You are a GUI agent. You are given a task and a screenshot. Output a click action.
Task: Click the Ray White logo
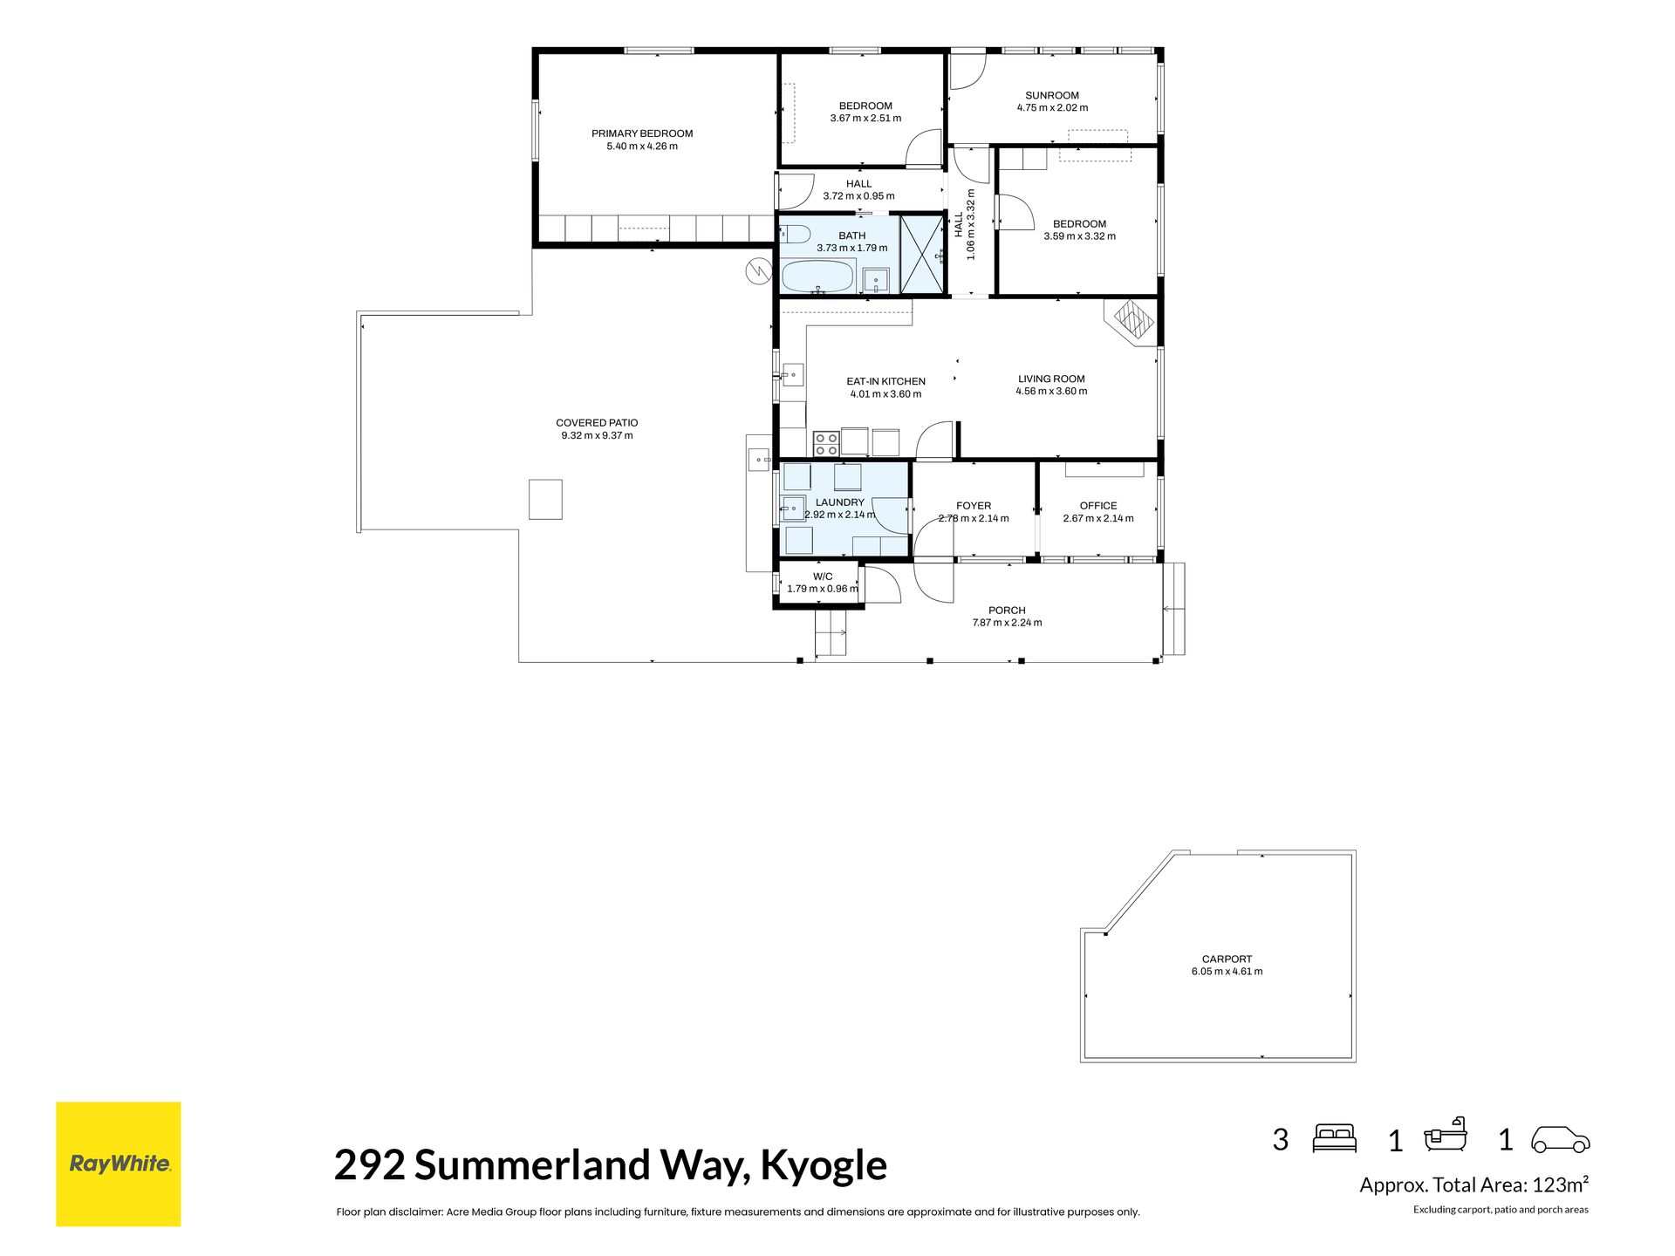119,1164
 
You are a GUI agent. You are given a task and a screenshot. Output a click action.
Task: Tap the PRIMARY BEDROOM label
642,133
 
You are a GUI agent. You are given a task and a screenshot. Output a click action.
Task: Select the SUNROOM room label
1052,95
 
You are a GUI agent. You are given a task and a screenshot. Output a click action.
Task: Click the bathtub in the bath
817,276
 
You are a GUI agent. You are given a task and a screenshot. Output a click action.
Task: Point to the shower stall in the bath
921,254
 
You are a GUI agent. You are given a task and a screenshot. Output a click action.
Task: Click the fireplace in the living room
1131,321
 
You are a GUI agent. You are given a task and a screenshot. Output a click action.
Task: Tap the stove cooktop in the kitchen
826,444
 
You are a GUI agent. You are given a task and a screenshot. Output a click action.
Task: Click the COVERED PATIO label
597,423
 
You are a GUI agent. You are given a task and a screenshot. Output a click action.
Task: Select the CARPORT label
1227,959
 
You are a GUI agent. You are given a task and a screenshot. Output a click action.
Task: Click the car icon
1561,1139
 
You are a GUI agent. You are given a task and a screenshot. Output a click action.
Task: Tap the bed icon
1335,1138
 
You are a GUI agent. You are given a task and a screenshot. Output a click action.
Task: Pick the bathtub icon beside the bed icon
1446,1136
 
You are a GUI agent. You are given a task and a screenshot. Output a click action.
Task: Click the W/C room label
823,577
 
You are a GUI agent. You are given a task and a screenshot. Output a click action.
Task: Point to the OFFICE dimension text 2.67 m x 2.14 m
1098,518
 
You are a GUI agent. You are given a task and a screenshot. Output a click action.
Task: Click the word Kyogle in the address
824,1165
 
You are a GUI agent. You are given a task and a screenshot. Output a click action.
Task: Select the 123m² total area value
1561,1184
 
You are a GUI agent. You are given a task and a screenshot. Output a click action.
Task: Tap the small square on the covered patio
545,500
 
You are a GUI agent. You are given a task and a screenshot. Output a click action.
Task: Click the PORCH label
1007,611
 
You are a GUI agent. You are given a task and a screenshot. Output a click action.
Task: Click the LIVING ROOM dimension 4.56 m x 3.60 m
1051,391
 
